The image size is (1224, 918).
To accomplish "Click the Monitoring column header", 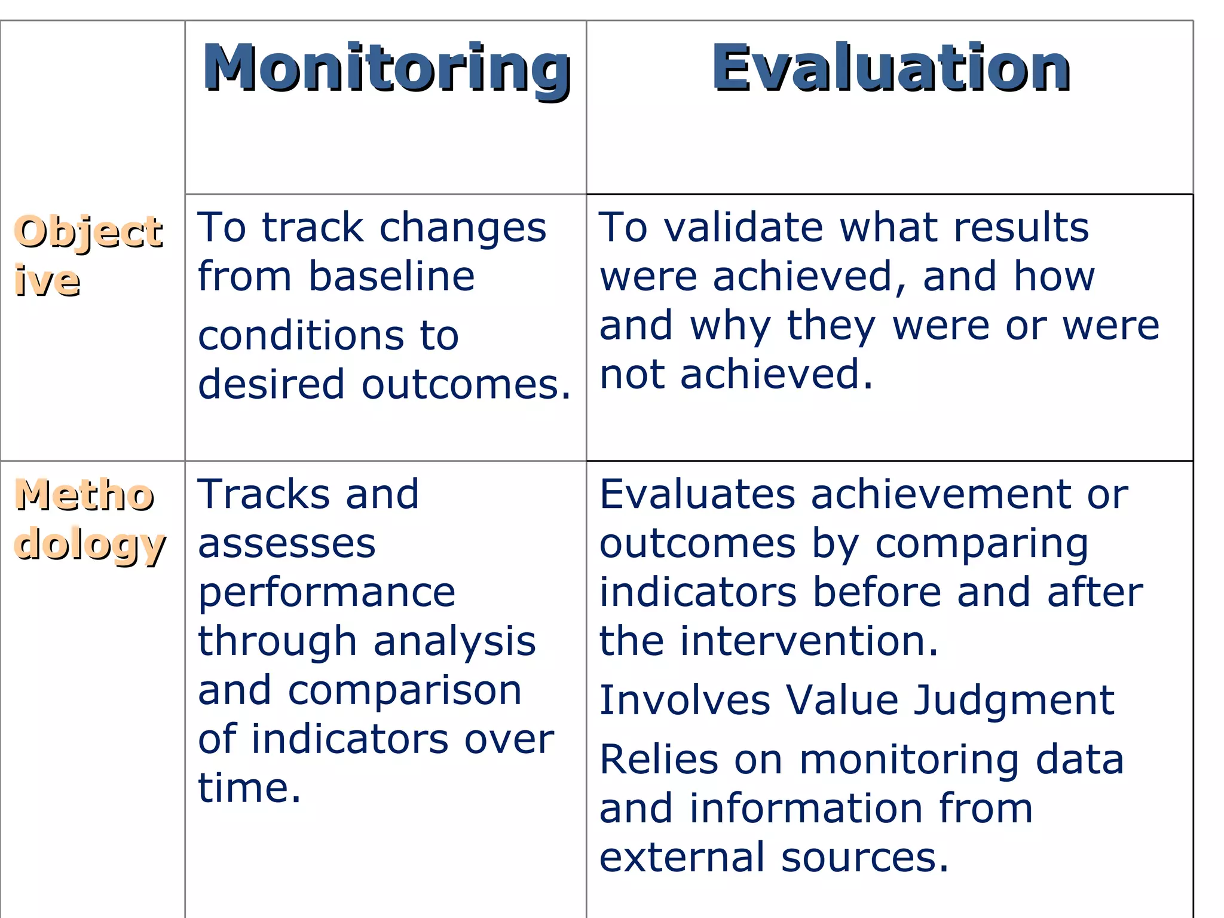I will click(387, 69).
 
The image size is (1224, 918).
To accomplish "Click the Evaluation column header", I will click(891, 69).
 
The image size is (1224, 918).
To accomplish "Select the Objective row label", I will click(88, 255).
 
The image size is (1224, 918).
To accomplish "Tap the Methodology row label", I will click(90, 519).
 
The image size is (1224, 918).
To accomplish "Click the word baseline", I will click(391, 277).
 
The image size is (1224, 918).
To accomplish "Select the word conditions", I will click(302, 335).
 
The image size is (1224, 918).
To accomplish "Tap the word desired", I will click(271, 384).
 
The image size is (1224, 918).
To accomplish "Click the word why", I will click(730, 327).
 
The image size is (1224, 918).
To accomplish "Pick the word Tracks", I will click(264, 494).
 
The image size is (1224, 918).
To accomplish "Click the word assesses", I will click(287, 544).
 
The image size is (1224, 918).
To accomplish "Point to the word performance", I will click(327, 594).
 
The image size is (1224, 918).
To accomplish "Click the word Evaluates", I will click(697, 494).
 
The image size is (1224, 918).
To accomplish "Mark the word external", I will click(682, 858).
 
